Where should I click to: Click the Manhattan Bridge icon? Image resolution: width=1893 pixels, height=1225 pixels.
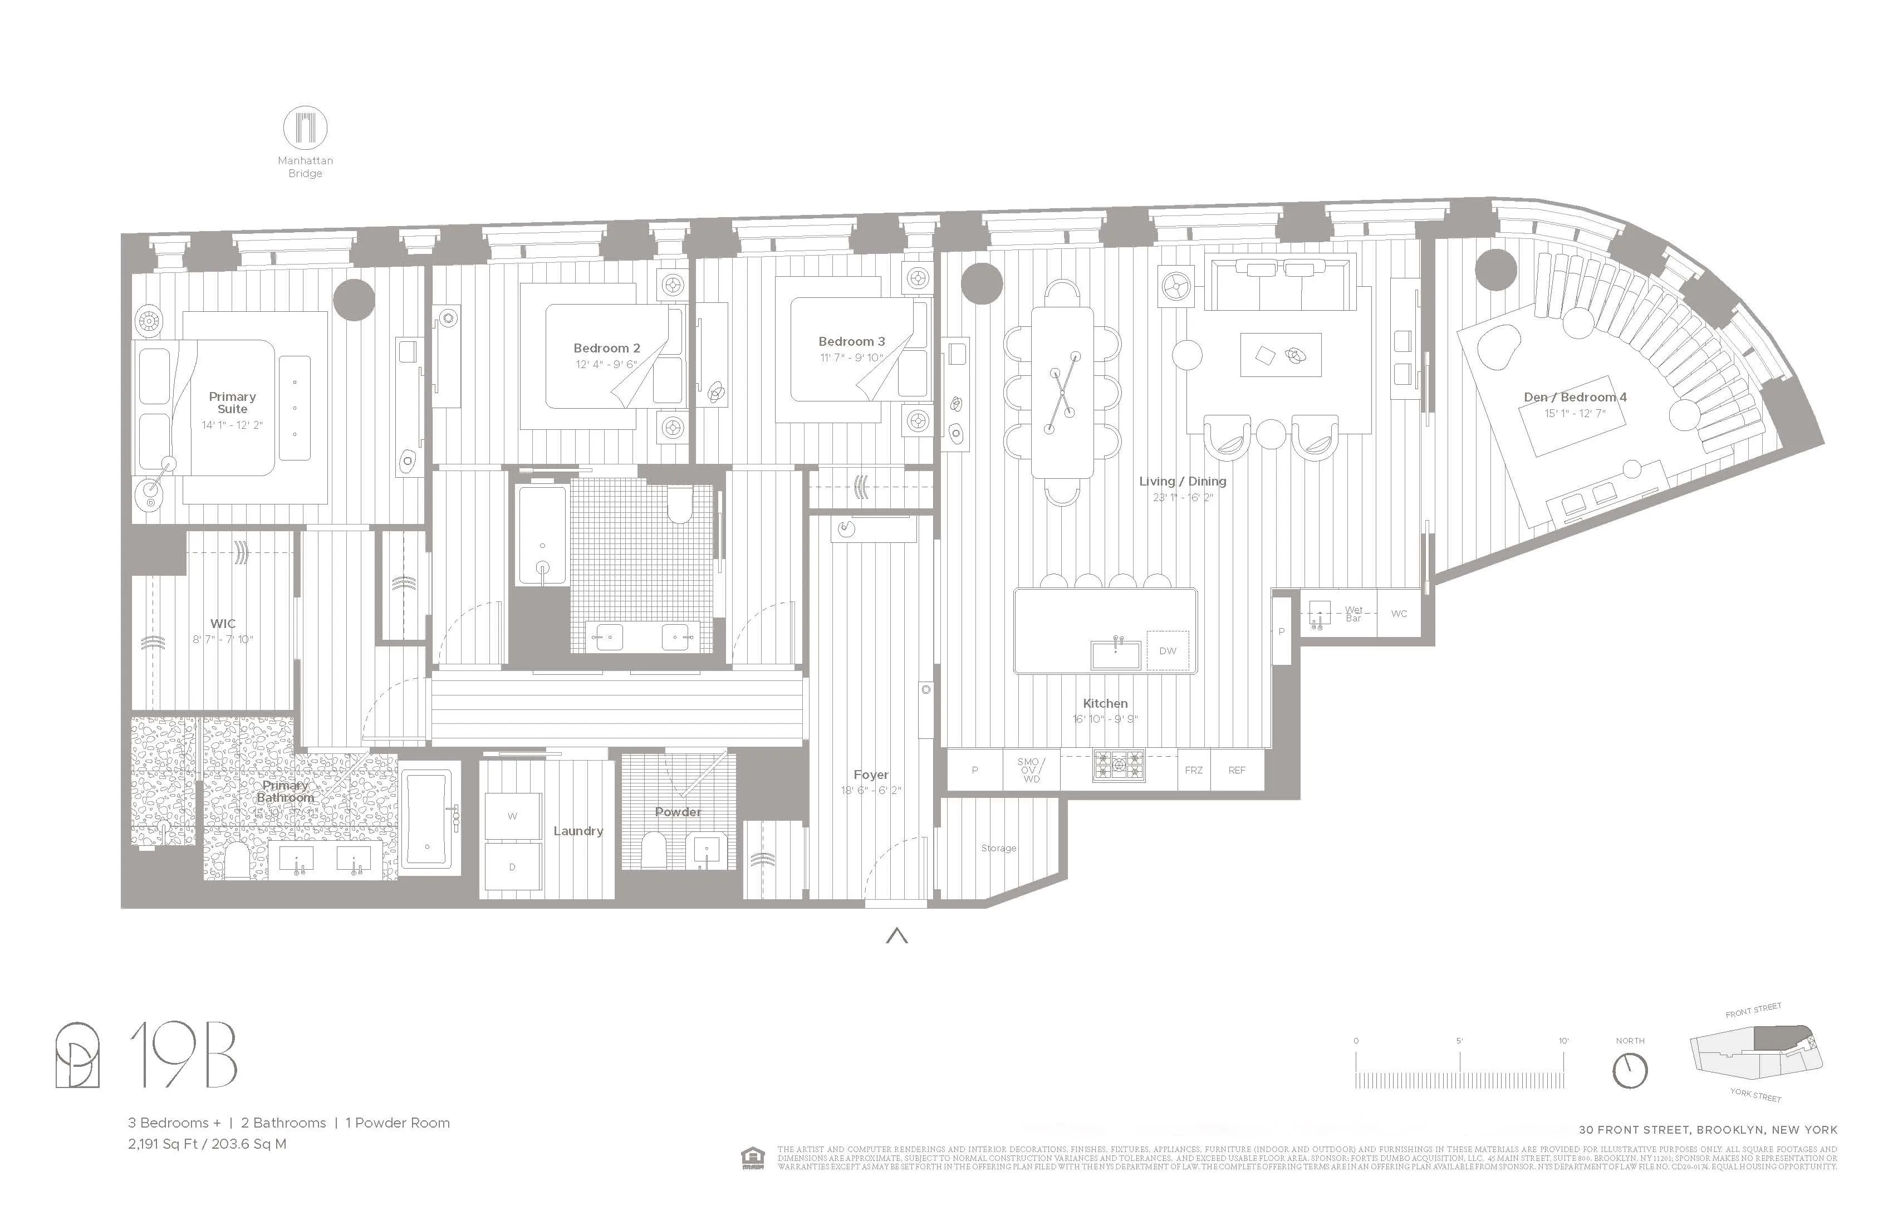click(x=306, y=128)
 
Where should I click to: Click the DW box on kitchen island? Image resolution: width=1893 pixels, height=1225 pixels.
click(x=1167, y=651)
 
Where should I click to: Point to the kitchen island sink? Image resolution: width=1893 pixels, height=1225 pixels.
click(x=1116, y=654)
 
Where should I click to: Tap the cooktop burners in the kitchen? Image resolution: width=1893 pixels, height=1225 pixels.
click(x=1119, y=765)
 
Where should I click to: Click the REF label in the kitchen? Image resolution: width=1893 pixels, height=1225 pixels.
click(x=1236, y=770)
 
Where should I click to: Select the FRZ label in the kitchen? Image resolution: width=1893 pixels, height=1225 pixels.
click(x=1193, y=770)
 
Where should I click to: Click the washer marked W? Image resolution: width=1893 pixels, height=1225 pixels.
click(x=512, y=816)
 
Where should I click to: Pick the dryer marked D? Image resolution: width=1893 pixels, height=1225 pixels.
click(x=512, y=867)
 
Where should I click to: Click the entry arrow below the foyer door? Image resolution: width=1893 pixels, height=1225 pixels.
click(x=896, y=936)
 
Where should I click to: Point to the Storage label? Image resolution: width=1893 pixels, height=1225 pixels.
click(x=998, y=848)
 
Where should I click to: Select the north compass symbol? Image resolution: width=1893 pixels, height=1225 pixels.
click(x=1630, y=1071)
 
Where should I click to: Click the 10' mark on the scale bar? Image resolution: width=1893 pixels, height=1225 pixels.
click(x=1563, y=1041)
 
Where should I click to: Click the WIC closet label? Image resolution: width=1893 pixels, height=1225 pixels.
click(x=223, y=624)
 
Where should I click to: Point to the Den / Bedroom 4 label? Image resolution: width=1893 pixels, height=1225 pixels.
click(x=1575, y=397)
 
